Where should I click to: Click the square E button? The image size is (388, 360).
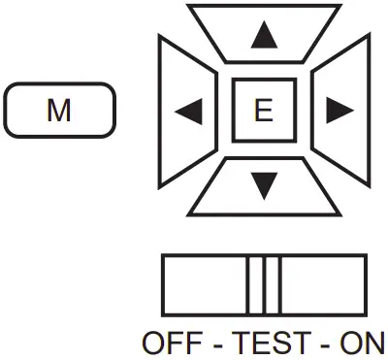263,112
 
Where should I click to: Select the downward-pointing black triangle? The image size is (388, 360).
263,183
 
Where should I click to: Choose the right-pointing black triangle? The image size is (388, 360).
339,112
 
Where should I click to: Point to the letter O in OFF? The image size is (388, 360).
154,343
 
